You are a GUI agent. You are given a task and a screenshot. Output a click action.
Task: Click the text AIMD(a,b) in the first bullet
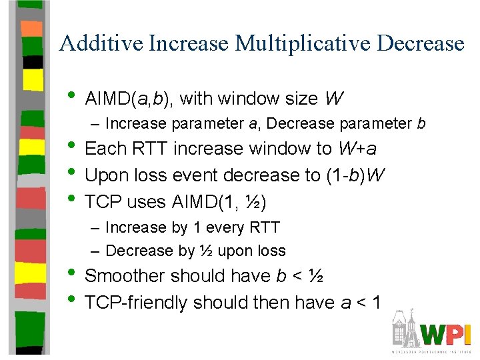tap(129, 99)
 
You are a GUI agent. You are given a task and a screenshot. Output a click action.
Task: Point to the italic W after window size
tap(334, 99)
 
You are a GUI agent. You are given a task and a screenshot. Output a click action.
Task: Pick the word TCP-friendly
tap(137, 303)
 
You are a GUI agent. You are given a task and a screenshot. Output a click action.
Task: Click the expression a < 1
tap(361, 303)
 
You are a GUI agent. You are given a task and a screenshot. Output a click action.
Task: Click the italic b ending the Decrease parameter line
tap(421, 124)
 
